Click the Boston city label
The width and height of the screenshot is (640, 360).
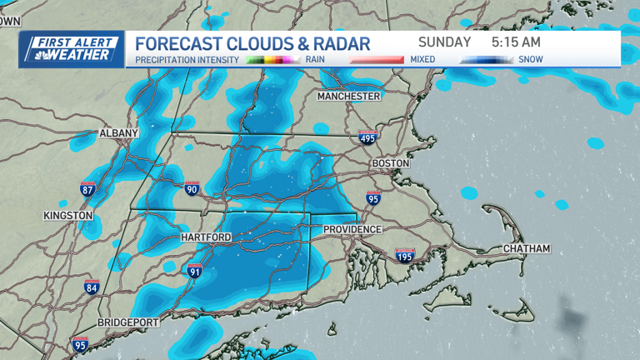tap(391, 163)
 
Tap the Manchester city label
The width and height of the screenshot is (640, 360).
tap(348, 97)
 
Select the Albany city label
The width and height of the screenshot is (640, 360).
tap(118, 133)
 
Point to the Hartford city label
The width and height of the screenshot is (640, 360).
tap(205, 237)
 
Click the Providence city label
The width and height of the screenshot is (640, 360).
tap(352, 229)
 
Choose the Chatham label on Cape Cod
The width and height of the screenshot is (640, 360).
tap(527, 249)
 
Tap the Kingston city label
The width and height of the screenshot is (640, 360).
tap(68, 216)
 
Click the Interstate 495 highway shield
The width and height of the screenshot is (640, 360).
tap(367, 138)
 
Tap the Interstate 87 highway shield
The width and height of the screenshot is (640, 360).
tap(87, 188)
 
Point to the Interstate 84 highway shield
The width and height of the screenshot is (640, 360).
tap(92, 288)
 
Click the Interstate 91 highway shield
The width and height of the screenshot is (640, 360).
tap(195, 271)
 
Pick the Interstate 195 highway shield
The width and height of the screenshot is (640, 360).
tap(405, 257)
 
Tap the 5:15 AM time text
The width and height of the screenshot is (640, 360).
tap(516, 42)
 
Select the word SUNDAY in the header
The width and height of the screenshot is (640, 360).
tap(444, 42)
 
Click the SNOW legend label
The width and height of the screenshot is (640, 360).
tap(531, 60)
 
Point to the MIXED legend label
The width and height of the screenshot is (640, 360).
tap(423, 60)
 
